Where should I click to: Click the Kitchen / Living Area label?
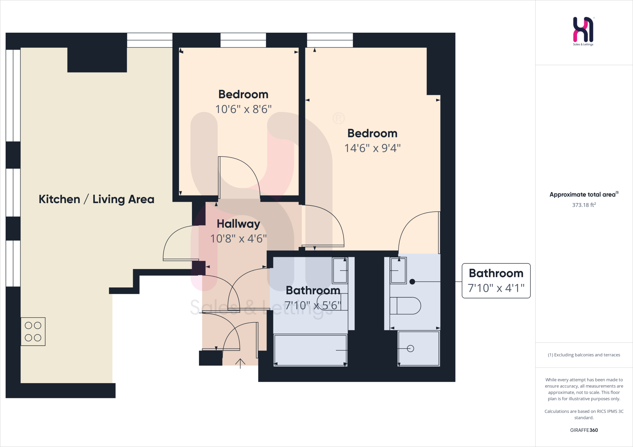tap(96, 199)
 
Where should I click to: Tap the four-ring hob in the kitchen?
tap(33, 331)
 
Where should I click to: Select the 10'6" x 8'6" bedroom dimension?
tap(243, 109)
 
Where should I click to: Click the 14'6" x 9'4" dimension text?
tap(372, 148)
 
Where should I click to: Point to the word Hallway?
tap(238, 224)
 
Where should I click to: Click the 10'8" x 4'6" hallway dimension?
tap(238, 239)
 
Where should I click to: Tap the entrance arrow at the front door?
tap(240, 363)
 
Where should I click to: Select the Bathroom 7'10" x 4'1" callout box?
tap(496, 281)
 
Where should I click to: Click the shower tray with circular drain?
tap(418, 349)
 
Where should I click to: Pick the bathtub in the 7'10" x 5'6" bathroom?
tap(310, 350)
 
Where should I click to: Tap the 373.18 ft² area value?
tap(584, 205)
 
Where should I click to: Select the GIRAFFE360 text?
tap(584, 430)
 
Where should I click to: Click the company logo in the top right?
tap(583, 30)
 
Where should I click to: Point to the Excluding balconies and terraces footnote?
tap(584, 355)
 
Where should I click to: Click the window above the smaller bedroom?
tap(243, 40)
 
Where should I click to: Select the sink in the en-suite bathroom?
tap(398, 270)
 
